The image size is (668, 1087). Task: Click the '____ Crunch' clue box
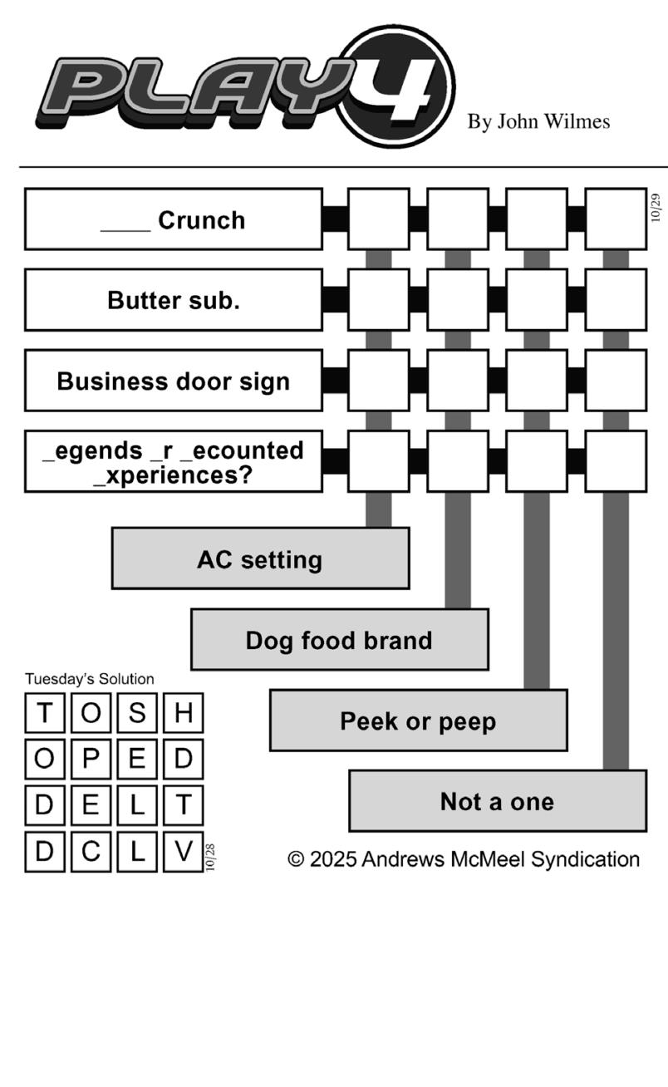(173, 219)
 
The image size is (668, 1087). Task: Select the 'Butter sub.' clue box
(173, 300)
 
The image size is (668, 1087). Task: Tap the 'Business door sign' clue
(173, 381)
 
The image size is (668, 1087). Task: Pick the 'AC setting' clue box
(260, 558)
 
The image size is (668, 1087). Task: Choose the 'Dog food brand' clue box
(339, 640)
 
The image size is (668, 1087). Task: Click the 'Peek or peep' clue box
(418, 721)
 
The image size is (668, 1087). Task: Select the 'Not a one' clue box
(497, 801)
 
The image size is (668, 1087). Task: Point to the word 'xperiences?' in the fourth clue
(173, 476)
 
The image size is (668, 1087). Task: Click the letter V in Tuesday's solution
(183, 852)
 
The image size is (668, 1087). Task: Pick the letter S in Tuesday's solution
(137, 713)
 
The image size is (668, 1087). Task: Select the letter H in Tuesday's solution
(183, 713)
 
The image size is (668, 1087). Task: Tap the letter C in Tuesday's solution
(91, 852)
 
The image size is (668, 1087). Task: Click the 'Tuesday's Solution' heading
(90, 679)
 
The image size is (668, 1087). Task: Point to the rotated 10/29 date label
(656, 208)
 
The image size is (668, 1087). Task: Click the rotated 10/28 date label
(210, 857)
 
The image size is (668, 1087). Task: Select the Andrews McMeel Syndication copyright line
(464, 859)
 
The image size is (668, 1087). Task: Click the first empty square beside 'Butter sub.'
(378, 300)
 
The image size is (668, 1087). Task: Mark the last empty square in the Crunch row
(616, 219)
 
